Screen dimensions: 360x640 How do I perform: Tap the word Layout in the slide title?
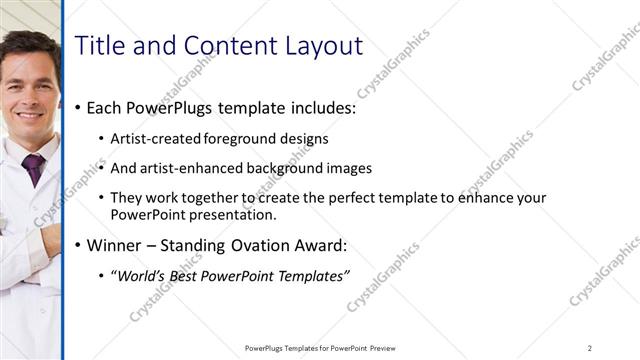coord(318,46)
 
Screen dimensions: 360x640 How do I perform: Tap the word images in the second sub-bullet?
coord(349,168)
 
